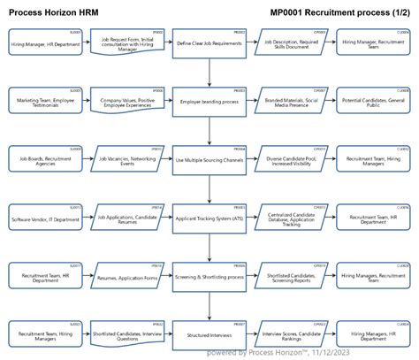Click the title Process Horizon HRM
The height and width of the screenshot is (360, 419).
(x=54, y=11)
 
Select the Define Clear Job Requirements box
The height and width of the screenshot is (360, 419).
(x=209, y=42)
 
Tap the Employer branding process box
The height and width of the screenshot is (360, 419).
(x=209, y=102)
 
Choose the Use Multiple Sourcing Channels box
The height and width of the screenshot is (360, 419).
(x=209, y=160)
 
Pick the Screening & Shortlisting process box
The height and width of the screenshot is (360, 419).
(x=209, y=277)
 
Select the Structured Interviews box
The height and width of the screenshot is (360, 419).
(x=209, y=335)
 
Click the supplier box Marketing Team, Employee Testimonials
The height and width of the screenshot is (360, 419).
(x=44, y=102)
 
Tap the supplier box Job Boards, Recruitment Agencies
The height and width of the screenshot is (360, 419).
(x=44, y=160)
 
